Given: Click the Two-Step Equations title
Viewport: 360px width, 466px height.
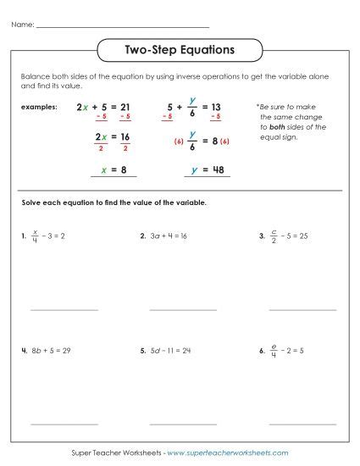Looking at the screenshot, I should (180, 50).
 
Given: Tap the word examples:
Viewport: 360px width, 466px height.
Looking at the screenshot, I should (41, 108).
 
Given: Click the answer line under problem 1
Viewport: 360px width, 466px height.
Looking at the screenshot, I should (64, 310).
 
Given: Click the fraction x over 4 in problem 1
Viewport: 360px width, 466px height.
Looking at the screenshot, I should (35, 237).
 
